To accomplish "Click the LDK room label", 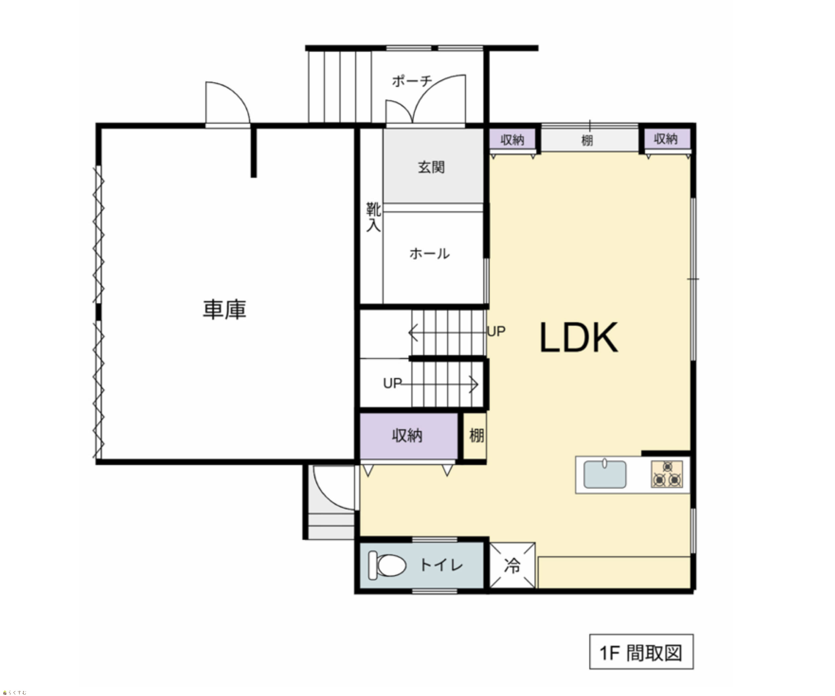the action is point(579,338).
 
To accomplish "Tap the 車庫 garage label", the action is point(225,310).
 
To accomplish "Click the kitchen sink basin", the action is point(605,474).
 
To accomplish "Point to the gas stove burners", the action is point(667,474).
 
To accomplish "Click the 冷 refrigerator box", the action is point(512,565).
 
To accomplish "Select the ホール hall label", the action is point(430,254).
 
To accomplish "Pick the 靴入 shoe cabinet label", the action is point(373,217).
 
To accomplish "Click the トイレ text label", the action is point(441,565).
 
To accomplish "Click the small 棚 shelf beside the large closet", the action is point(475,436).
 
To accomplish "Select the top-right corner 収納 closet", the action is point(667,139).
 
